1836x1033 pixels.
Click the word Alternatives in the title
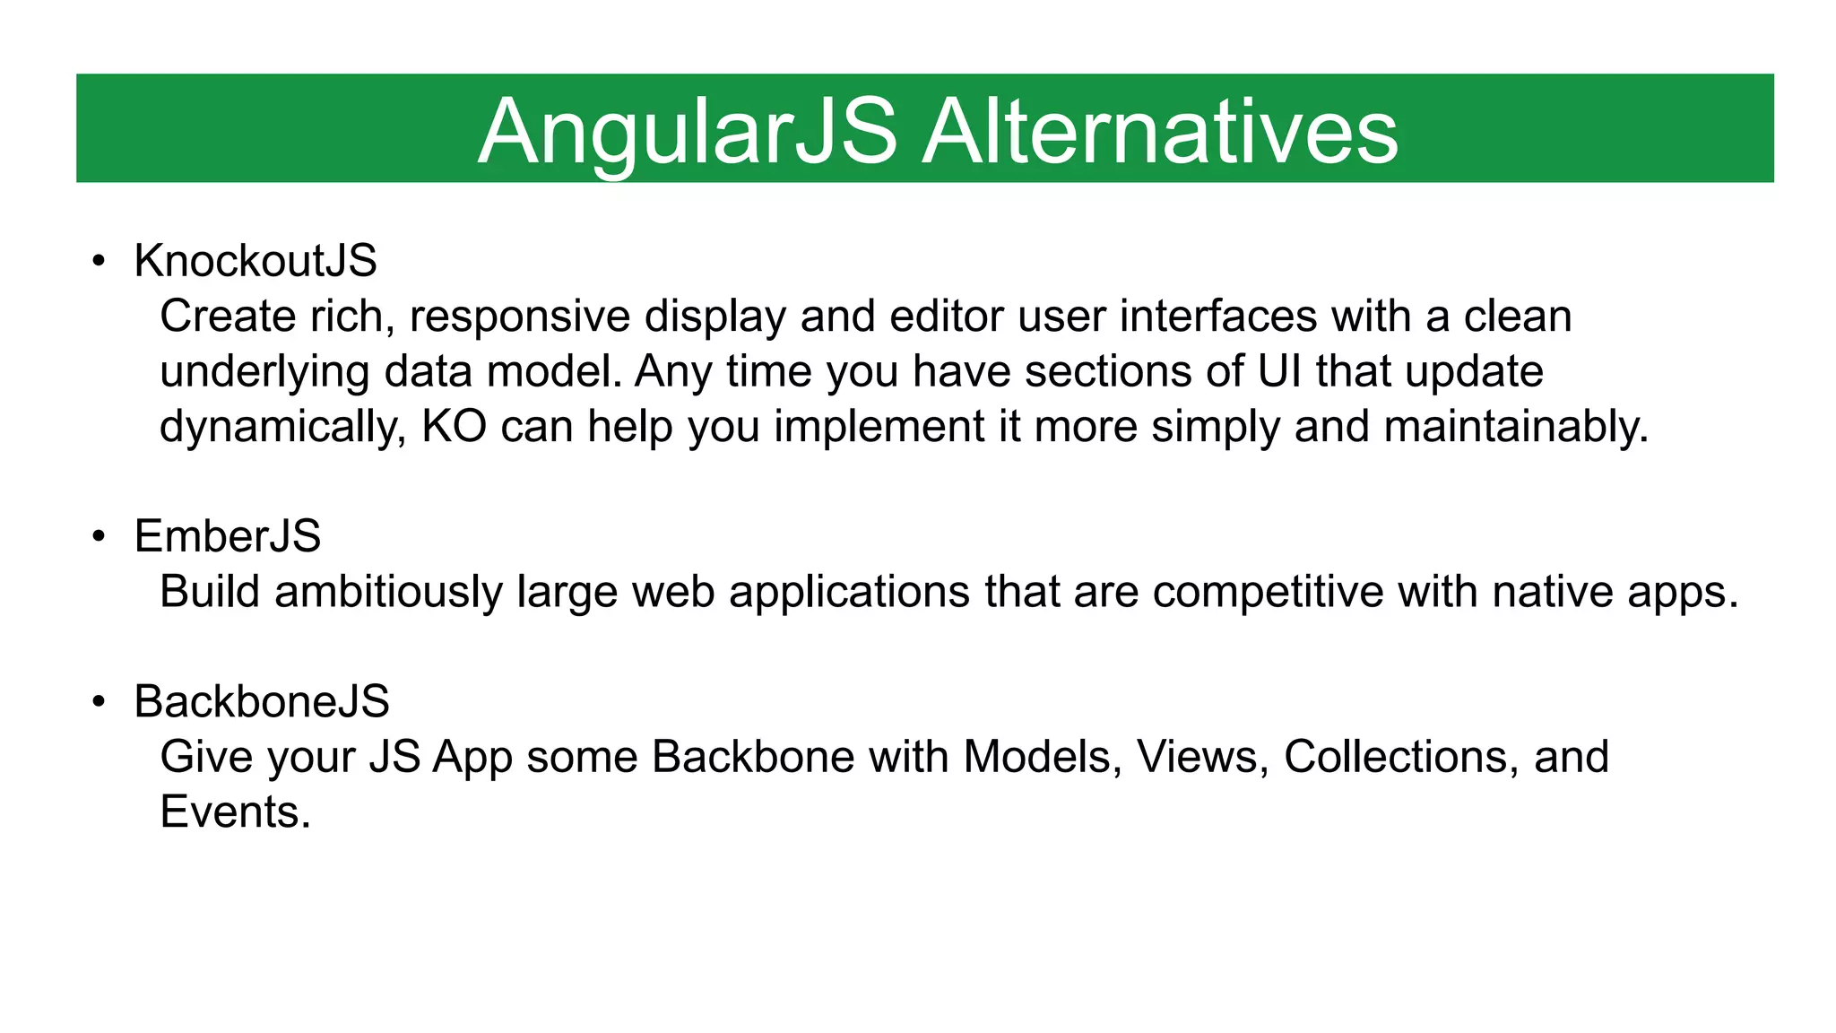click(1160, 132)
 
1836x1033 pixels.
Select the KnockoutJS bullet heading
click(255, 261)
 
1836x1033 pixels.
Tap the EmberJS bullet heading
click(227, 536)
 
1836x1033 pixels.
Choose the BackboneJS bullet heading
click(262, 701)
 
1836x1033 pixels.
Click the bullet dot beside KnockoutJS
click(99, 262)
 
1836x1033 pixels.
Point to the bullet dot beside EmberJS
click(99, 537)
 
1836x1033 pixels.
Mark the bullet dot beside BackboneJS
click(99, 702)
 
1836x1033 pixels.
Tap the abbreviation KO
click(454, 427)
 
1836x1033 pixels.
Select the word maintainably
click(1515, 427)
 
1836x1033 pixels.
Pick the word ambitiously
click(388, 592)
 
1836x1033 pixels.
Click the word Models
click(1043, 757)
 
